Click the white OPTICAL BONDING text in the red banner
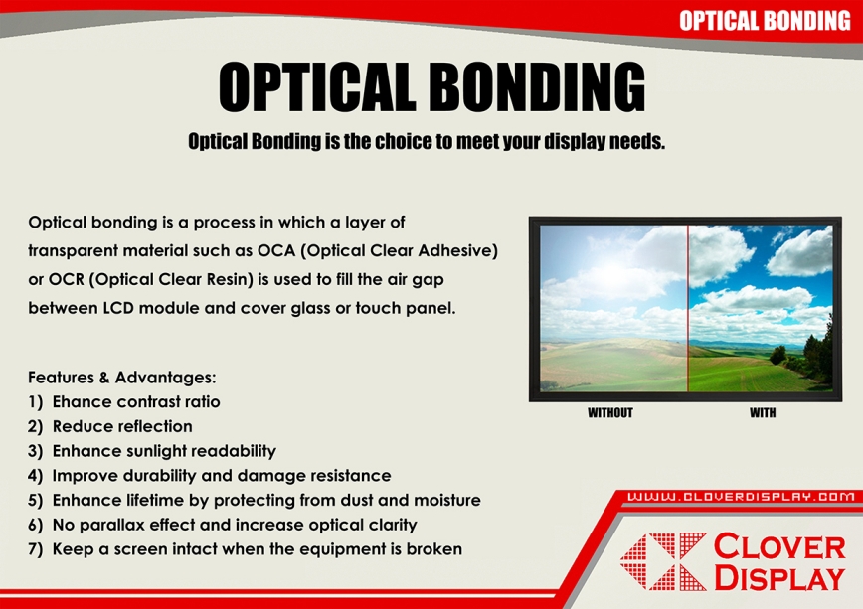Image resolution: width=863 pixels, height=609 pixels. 765,21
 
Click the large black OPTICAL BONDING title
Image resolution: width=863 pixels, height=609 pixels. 432,86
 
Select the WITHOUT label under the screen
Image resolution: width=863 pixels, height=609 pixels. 609,412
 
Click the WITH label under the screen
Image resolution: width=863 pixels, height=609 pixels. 763,412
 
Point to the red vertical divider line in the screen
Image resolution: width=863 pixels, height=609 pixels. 687,308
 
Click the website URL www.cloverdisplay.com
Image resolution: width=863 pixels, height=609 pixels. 741,497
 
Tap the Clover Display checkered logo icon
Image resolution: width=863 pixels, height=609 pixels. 663,561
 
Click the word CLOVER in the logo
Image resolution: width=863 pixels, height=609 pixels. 779,546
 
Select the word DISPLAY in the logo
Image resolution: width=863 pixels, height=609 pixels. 779,577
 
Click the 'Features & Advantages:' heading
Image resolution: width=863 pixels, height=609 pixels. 122,378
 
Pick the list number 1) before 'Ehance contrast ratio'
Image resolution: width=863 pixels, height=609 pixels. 35,402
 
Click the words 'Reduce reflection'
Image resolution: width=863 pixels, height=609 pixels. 122,426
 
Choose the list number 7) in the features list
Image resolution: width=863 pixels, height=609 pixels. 35,549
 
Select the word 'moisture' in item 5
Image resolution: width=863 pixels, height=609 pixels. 447,500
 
